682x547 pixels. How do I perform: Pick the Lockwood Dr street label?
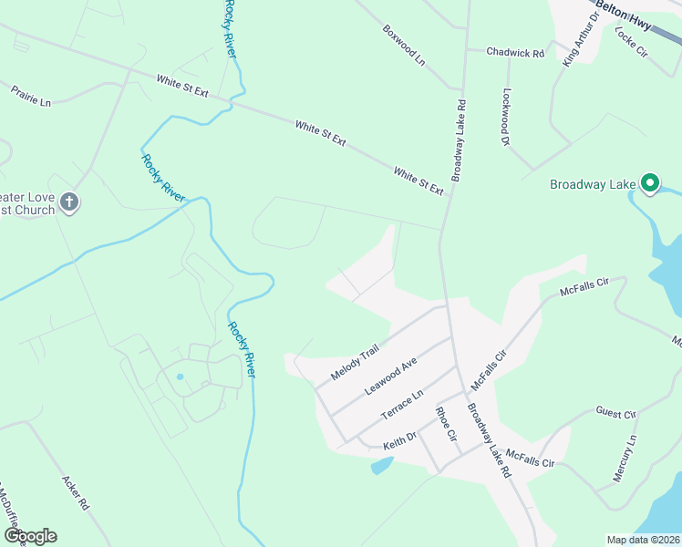click(505, 118)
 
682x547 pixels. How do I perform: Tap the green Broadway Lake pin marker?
click(650, 183)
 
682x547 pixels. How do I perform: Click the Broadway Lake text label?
click(592, 185)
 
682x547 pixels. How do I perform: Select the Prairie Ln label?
click(31, 95)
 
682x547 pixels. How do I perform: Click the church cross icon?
click(69, 202)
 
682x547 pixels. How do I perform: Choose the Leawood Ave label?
click(390, 376)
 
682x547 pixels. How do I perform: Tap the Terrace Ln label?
click(402, 404)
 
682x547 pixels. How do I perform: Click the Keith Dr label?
click(398, 439)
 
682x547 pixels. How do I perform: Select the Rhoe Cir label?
click(445, 424)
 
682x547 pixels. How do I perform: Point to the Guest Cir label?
click(615, 413)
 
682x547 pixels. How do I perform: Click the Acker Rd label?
click(75, 491)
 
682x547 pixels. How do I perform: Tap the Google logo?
click(29, 536)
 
